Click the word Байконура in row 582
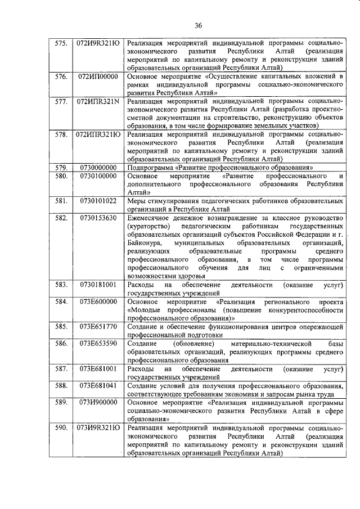tap(144, 242)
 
